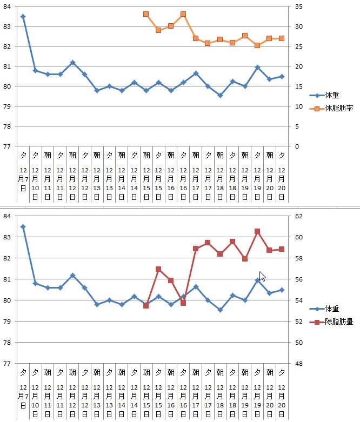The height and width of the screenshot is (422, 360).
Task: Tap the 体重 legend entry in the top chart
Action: [x=332, y=95]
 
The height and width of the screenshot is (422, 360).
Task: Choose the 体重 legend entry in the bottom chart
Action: [x=332, y=309]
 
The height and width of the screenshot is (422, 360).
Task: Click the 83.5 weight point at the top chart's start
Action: [x=23, y=17]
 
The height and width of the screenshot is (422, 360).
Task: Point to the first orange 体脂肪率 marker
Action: [x=146, y=14]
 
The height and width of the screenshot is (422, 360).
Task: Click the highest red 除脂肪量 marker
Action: [x=257, y=231]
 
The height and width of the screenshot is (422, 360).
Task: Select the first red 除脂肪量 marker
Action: [x=146, y=306]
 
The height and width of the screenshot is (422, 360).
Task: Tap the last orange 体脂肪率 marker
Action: [x=282, y=38]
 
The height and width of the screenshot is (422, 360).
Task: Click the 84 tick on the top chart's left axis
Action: [x=7, y=6]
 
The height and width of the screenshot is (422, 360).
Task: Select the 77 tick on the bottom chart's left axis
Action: [x=7, y=364]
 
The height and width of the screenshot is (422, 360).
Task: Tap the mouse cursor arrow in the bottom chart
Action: [x=262, y=276]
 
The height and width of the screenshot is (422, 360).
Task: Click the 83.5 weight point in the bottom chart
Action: [x=23, y=227]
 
